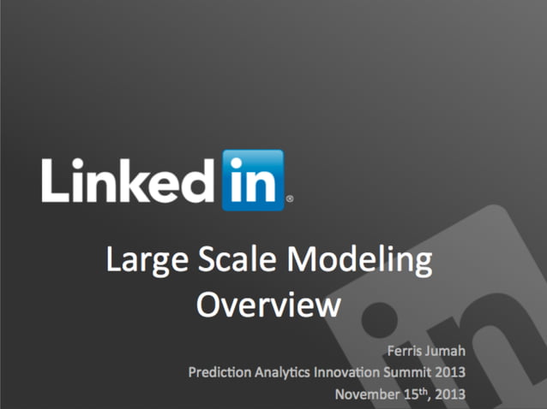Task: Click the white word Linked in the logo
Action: [x=129, y=179]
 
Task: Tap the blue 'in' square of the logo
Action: [x=252, y=180]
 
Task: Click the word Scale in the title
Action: [x=232, y=260]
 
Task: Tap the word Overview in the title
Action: [x=268, y=304]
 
